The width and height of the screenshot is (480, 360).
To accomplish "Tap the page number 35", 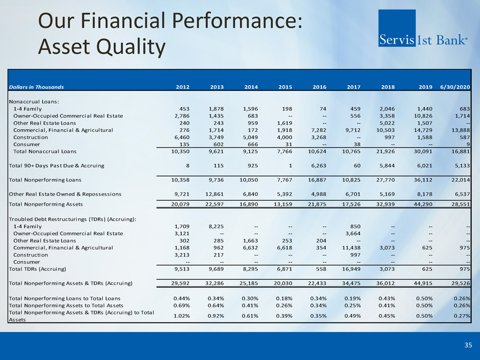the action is point(468,345).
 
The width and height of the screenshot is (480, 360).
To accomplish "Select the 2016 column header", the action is point(319,87).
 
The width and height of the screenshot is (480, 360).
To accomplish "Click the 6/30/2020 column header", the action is point(455,87).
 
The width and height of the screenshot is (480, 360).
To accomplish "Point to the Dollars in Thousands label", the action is point(36,87).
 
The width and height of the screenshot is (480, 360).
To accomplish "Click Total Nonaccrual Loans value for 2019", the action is point(423,151).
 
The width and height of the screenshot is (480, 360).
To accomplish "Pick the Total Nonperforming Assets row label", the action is point(46,204).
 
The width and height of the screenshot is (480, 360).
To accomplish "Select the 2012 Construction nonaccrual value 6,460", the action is point(182,138).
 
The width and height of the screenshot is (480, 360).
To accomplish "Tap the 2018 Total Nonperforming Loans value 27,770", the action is point(385,180).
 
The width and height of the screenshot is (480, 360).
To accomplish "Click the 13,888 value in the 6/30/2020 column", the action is point(461,130).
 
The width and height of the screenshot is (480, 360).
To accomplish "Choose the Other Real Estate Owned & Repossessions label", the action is point(65,194).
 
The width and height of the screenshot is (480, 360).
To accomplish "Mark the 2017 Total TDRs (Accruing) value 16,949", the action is point(351,269).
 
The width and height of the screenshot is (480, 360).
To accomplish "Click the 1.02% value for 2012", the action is point(182,316).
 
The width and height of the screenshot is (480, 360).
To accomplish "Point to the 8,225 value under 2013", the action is point(216,227).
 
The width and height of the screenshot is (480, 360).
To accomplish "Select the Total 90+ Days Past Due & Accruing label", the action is point(56,166).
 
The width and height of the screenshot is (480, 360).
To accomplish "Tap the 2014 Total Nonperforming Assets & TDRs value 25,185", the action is point(249,284).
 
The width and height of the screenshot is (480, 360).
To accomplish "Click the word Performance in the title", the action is point(237,21).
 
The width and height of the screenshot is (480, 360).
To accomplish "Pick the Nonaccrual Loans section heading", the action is point(34,102).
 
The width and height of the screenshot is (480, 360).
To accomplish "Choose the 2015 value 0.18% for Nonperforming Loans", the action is point(284,298).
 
